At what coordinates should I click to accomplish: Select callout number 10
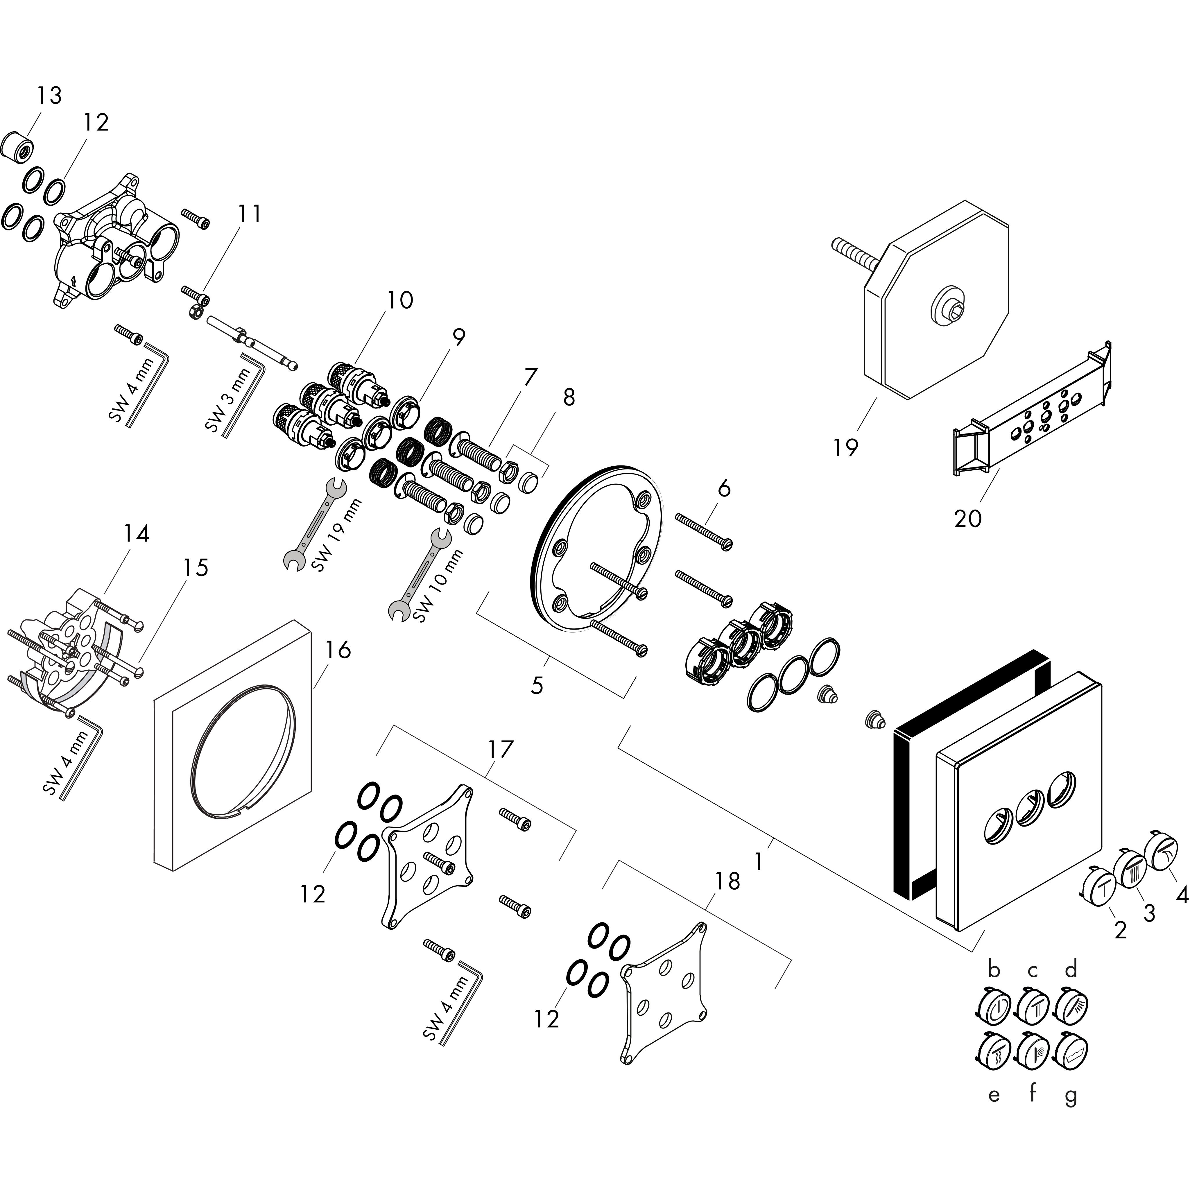pyautogui.click(x=400, y=301)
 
